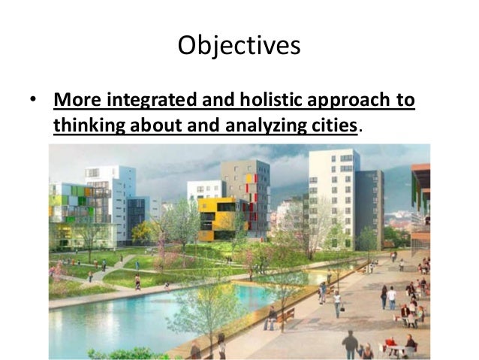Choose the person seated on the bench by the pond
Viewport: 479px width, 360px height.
click(x=271, y=319)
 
